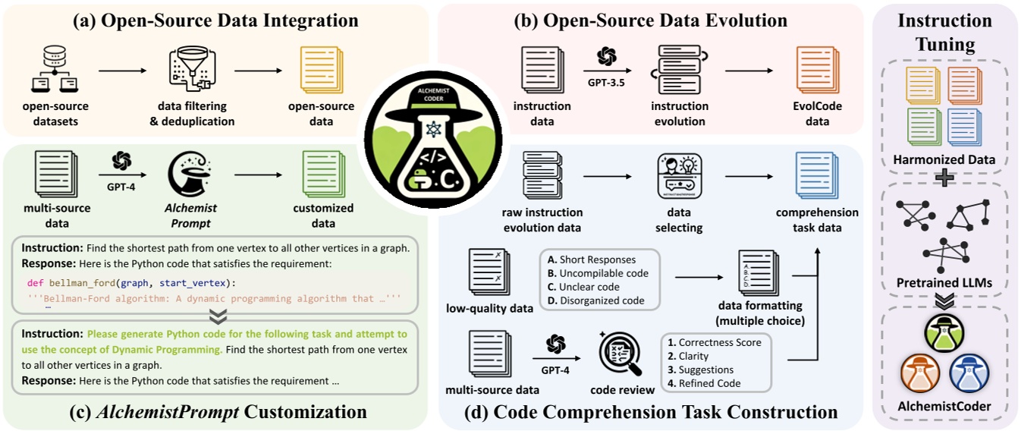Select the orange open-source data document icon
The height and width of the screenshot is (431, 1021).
pyautogui.click(x=321, y=70)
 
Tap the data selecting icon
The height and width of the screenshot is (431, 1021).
pyautogui.click(x=679, y=176)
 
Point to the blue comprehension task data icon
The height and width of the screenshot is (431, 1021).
pyautogui.click(x=816, y=176)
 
